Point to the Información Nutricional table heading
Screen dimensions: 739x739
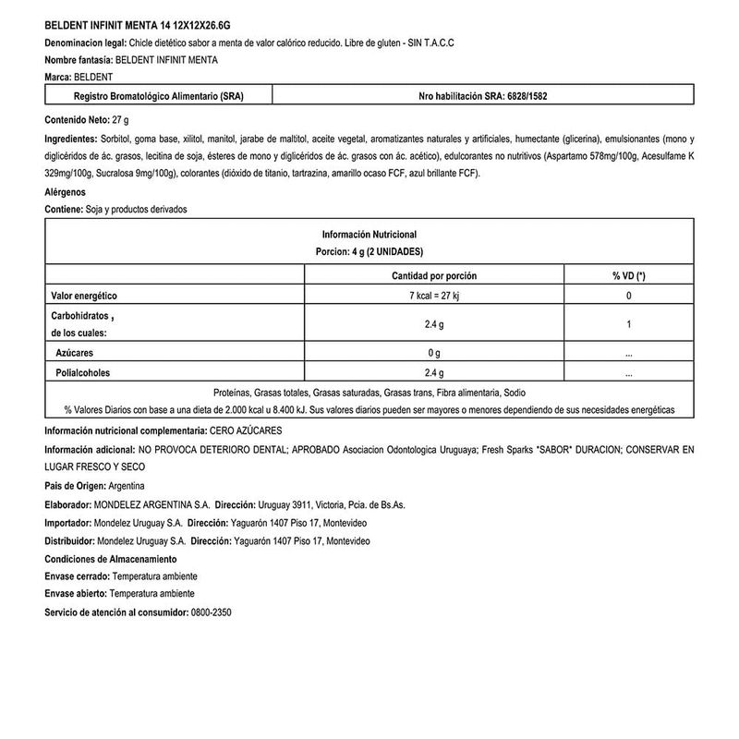(369, 235)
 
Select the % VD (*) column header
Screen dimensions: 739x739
(628, 276)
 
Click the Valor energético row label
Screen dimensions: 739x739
(84, 296)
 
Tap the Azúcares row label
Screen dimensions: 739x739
(75, 353)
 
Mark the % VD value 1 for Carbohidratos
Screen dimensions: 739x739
(628, 324)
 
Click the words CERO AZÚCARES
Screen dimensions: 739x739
(248, 431)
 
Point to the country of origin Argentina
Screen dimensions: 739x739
(126, 487)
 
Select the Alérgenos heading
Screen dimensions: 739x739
(65, 192)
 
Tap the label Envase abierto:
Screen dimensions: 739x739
(76, 595)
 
